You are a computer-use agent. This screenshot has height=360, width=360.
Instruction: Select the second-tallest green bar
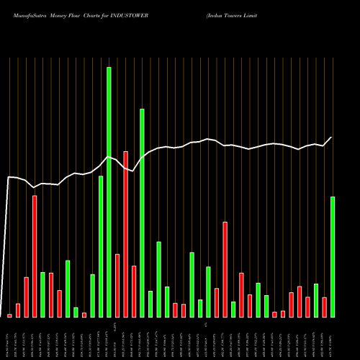point(142,213)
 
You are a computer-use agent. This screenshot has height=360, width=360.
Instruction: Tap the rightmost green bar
point(333,257)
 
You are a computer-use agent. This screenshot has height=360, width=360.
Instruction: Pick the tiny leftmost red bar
point(10,315)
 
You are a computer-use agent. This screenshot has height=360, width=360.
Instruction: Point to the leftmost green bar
point(42,294)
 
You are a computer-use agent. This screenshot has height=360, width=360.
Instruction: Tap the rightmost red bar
point(325,307)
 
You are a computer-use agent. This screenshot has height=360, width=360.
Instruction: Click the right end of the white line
point(332,138)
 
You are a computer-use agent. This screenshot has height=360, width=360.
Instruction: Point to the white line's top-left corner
point(9,177)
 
